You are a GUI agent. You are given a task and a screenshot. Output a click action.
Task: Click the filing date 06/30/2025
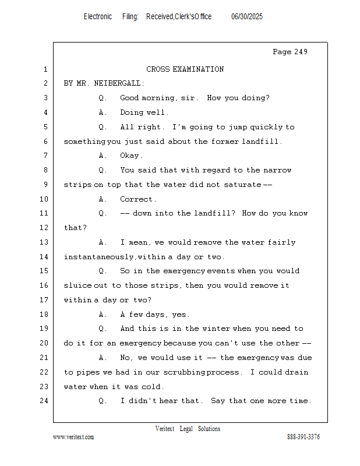pyautogui.click(x=247, y=17)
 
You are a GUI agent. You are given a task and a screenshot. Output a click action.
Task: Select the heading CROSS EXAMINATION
pyautogui.click(x=185, y=69)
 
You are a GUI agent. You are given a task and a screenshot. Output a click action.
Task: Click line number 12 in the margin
pyautogui.click(x=45, y=228)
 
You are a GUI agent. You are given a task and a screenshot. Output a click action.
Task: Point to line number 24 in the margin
pyautogui.click(x=45, y=401)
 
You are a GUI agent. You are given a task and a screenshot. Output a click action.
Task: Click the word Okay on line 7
pyautogui.click(x=130, y=156)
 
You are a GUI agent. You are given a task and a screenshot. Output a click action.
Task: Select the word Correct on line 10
pyautogui.click(x=136, y=199)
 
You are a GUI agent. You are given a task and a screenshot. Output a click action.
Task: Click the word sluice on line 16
pyautogui.click(x=76, y=285)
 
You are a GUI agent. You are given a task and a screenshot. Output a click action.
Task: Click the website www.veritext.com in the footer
pyautogui.click(x=73, y=437)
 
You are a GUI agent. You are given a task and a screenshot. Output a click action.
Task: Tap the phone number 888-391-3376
pyautogui.click(x=303, y=437)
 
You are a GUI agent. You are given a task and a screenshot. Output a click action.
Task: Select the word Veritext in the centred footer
pyautogui.click(x=165, y=429)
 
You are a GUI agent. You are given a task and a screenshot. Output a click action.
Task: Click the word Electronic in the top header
pyautogui.click(x=98, y=17)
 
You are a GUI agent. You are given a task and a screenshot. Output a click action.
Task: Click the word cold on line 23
pyautogui.click(x=153, y=386)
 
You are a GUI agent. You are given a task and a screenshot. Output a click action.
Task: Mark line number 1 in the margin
pyautogui.click(x=45, y=69)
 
